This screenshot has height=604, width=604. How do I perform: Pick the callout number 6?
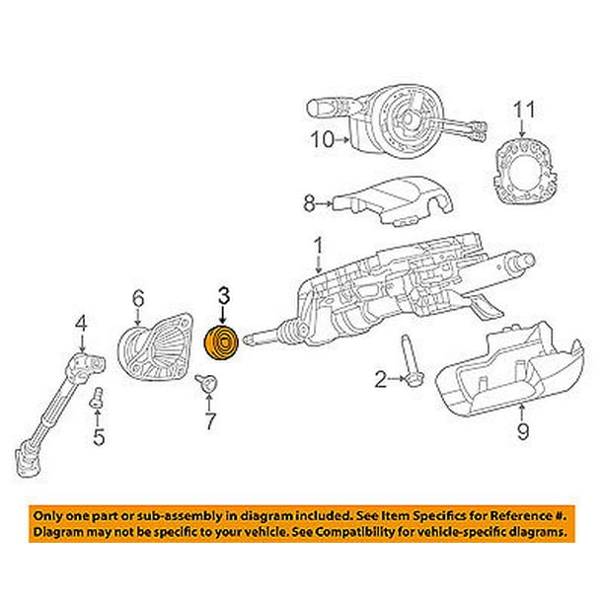[x=139, y=295]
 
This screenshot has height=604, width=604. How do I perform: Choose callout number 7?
[x=210, y=423]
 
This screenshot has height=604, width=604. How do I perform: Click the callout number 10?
[x=322, y=140]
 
